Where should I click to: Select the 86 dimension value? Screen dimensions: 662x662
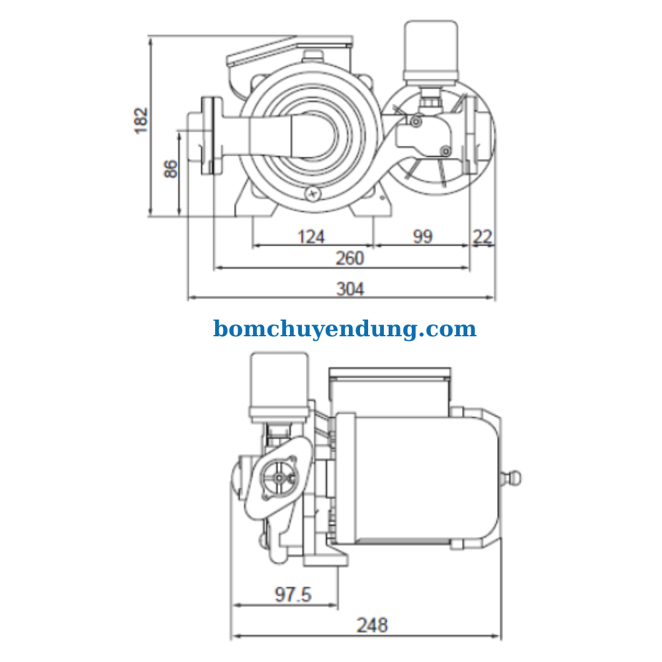(x=171, y=169)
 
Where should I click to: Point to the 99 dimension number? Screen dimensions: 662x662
(x=422, y=236)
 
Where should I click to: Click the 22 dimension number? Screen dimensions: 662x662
(x=483, y=236)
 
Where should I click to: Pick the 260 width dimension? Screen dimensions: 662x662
(x=350, y=258)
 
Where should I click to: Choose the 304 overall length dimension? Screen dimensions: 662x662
(x=350, y=289)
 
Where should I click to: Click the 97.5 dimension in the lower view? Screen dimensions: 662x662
(x=293, y=594)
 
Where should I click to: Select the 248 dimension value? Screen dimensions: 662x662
(x=372, y=624)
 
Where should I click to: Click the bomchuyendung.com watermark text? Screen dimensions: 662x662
(x=344, y=328)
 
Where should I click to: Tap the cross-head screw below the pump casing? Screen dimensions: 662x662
(x=312, y=193)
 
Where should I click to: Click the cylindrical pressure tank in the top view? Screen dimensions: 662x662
(x=431, y=52)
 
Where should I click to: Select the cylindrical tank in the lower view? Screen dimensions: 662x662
(x=279, y=384)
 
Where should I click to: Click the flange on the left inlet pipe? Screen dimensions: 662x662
(x=211, y=136)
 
